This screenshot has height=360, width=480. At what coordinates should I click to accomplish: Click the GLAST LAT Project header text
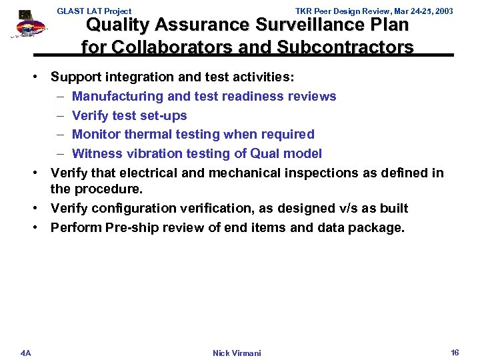pos(94,11)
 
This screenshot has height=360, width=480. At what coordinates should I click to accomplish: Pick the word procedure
pos(107,189)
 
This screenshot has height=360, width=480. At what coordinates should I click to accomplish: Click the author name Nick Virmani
pos(237,353)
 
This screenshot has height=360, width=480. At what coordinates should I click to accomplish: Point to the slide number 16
pos(455,351)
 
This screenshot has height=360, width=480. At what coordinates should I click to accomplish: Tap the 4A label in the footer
pos(25,352)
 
